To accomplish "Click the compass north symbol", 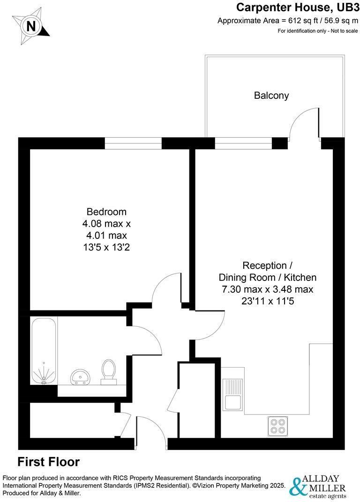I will [x=31, y=26].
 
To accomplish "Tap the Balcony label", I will [x=271, y=96].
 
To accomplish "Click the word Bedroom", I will [x=106, y=212].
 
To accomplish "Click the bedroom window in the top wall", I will [x=133, y=143].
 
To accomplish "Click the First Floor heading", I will [x=49, y=462].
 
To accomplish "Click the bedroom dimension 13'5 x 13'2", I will [x=106, y=247].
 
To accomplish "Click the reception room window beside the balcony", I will [x=243, y=143].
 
